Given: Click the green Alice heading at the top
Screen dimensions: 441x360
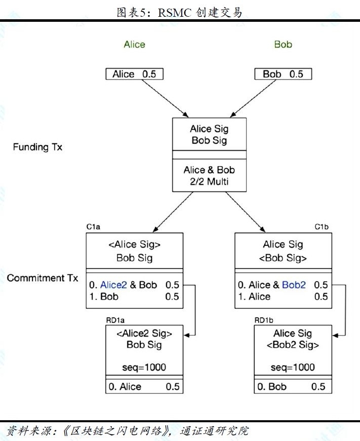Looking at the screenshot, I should [134, 45].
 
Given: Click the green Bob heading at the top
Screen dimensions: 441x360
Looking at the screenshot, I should [283, 45].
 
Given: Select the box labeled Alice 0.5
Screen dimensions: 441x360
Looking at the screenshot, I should [135, 74].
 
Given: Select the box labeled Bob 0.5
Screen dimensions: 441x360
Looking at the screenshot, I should [282, 74].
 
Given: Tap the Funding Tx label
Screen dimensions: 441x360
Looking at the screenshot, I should [37, 148].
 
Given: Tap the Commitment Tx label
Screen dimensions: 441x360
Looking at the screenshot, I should [43, 278].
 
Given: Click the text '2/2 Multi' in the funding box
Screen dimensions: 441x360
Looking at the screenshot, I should [209, 181].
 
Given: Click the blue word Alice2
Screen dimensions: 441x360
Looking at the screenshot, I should [114, 285].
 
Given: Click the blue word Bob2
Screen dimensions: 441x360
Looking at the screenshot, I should [294, 285].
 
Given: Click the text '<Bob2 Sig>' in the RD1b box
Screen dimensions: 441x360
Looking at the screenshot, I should [293, 345].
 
